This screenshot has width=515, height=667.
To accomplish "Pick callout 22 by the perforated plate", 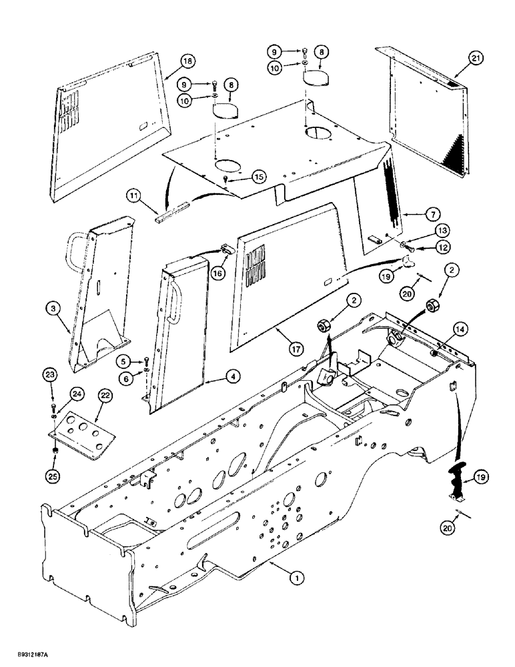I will coord(105,396).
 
